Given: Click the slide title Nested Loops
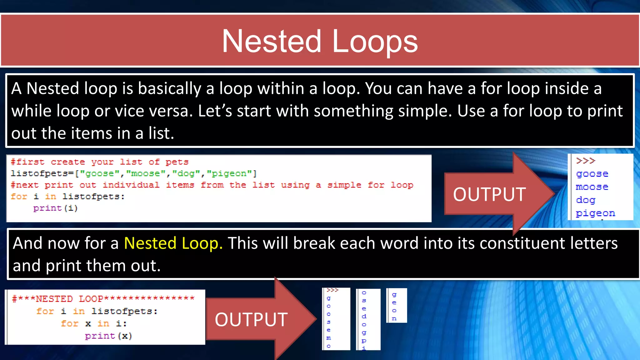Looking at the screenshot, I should coord(319,41).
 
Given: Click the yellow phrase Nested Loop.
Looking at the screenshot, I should coord(173,243).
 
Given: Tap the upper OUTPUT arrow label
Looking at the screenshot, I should coord(489,194).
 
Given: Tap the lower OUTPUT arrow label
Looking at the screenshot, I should coord(251,320).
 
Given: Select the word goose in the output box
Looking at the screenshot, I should coord(592,174).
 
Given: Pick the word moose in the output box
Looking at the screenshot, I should coord(592,187).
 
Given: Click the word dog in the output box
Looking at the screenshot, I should coord(586,200).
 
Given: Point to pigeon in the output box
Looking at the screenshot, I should coord(595,213).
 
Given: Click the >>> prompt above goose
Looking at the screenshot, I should coord(585,161).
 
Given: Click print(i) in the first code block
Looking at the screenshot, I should coord(55,208).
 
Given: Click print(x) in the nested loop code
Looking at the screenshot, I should coord(108,336).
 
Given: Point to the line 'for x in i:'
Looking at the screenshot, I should coord(94,323).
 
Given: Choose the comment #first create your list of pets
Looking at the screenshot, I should coord(99,162).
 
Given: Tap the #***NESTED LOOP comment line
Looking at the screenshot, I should coord(103,299).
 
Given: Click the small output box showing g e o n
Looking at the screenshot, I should coord(396,306).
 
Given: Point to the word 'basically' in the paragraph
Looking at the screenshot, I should coord(169,89).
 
